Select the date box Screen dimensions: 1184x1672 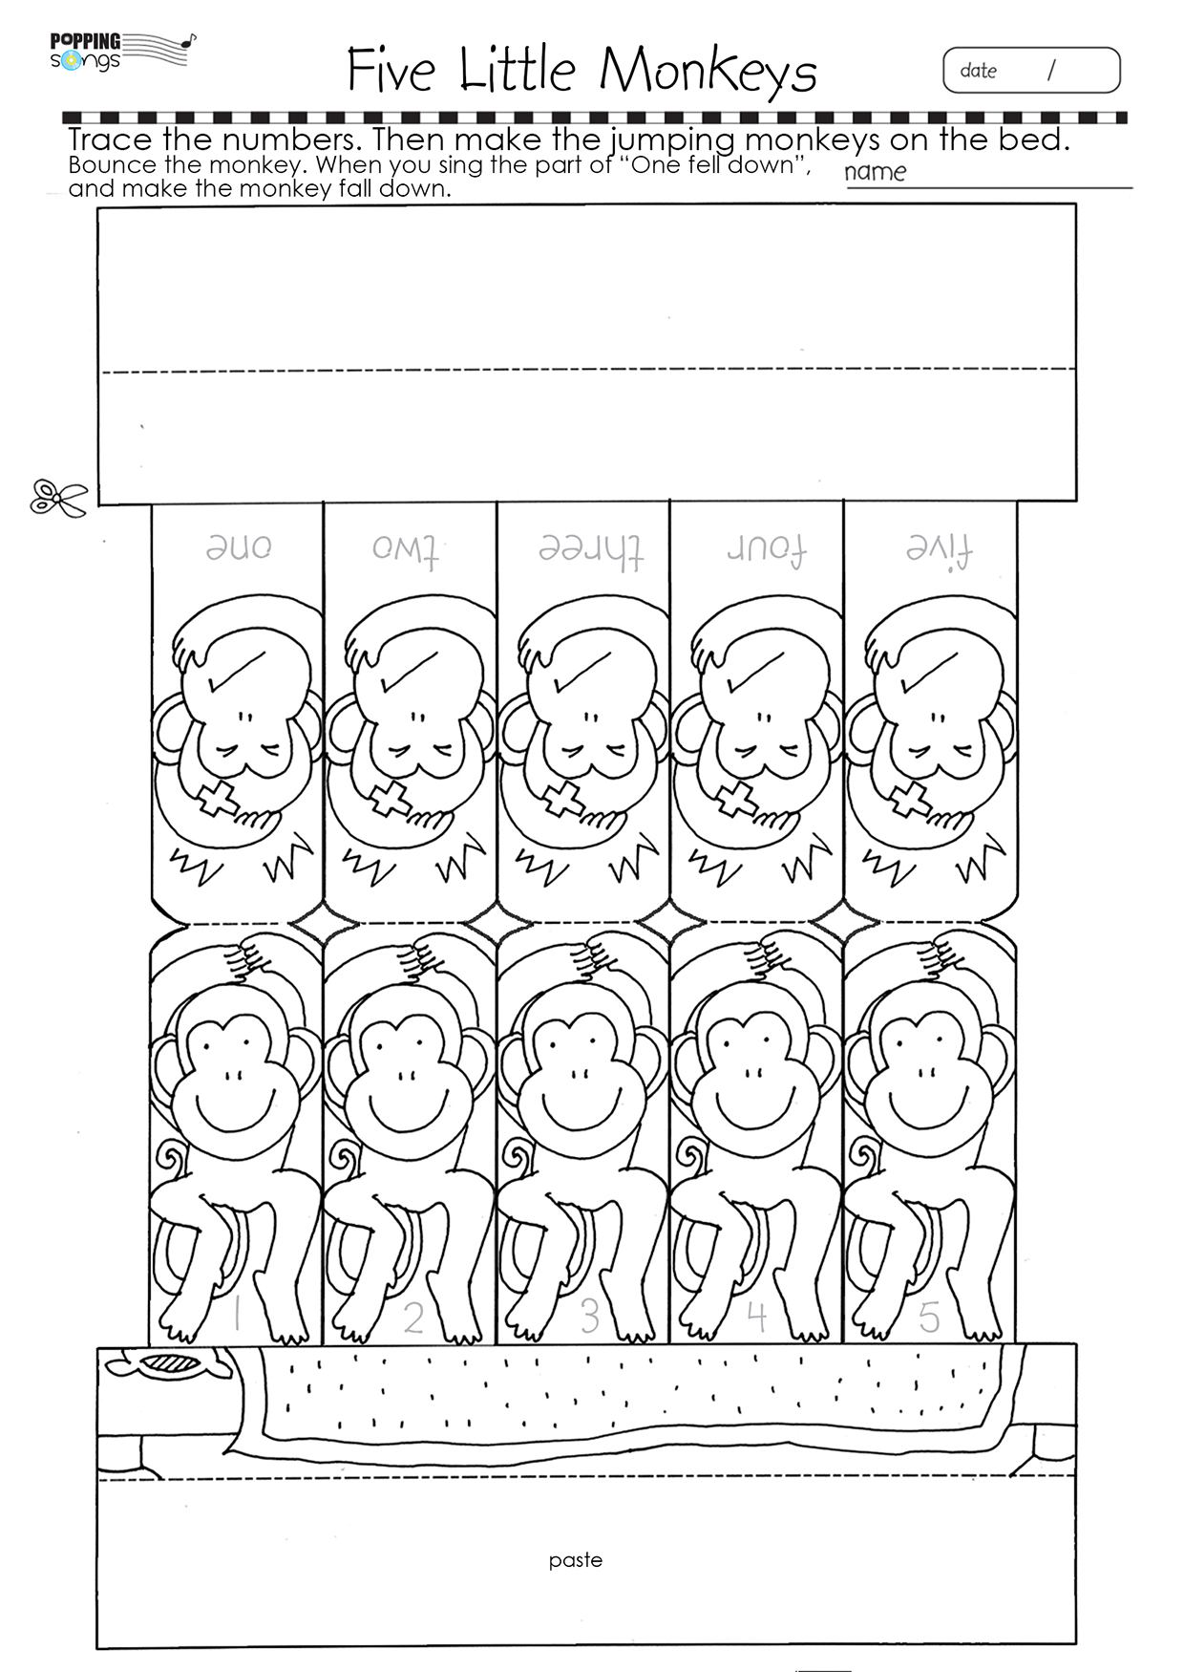click(x=1031, y=71)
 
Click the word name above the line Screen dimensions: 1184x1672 click(x=875, y=172)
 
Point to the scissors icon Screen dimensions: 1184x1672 click(x=57, y=498)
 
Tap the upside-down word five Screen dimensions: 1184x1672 click(x=939, y=548)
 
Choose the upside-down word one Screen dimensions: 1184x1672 click(x=239, y=548)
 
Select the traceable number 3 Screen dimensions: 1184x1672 click(x=589, y=1316)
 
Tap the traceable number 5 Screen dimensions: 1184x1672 click(x=929, y=1317)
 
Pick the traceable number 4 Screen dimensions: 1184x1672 click(x=756, y=1316)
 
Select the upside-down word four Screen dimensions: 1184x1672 click(x=766, y=548)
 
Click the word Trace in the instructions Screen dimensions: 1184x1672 click(x=111, y=140)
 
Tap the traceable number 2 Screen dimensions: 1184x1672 click(x=412, y=1317)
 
